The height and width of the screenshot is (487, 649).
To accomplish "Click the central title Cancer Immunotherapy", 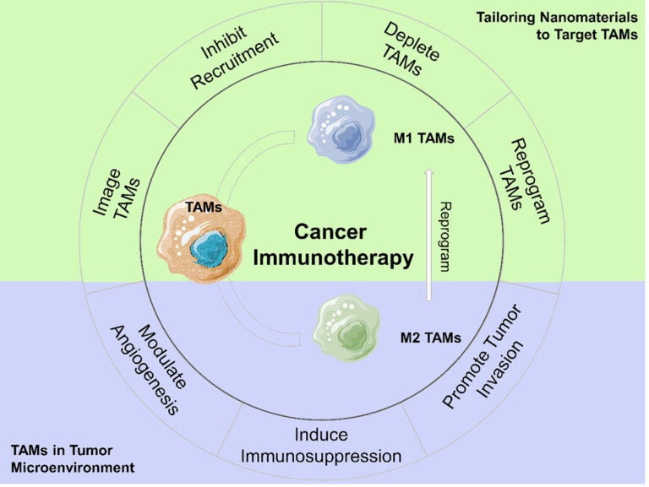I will (x=333, y=245).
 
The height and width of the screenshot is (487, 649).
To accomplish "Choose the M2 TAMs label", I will (x=430, y=339).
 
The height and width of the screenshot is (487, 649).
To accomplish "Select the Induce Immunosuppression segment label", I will (x=320, y=446).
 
